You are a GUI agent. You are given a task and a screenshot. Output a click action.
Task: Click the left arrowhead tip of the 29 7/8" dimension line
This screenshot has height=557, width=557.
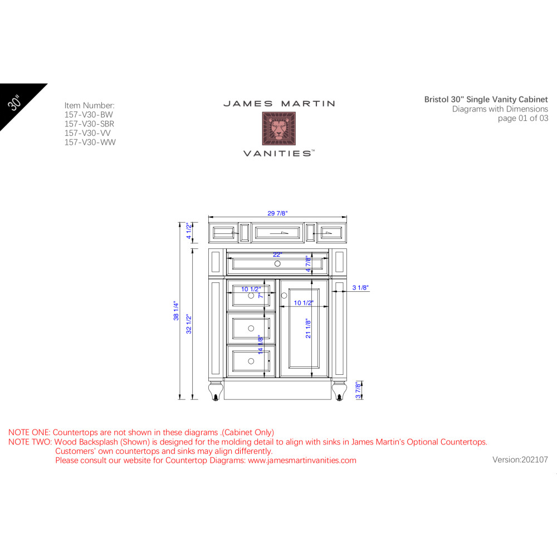[x=208, y=217]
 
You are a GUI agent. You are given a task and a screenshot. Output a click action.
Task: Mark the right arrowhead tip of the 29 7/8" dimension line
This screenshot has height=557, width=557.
[x=346, y=217]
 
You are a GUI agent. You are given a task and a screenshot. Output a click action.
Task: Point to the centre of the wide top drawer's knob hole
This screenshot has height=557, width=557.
[x=277, y=263]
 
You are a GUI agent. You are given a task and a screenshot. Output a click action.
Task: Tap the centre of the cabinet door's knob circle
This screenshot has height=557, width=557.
[x=284, y=295]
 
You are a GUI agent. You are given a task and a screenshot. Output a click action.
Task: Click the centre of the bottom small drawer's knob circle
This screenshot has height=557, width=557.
[x=251, y=361]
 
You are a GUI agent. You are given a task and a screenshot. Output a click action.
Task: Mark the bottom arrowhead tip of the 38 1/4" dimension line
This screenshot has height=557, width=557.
[x=180, y=399]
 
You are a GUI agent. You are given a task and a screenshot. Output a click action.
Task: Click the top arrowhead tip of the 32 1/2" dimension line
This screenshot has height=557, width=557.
[x=193, y=248]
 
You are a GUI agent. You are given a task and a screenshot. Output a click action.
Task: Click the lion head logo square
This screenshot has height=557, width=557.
[x=279, y=129]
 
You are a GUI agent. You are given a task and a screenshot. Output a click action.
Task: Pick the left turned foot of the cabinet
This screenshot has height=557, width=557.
[x=216, y=390]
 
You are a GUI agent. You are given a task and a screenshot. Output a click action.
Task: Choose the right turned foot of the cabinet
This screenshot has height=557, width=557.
[x=339, y=390]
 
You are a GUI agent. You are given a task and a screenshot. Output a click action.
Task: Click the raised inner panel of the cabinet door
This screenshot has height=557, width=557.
[x=304, y=328]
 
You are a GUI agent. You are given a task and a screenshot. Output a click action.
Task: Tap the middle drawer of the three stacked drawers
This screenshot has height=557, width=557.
[x=251, y=328]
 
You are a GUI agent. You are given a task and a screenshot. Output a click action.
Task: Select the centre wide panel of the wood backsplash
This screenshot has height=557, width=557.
[x=277, y=233]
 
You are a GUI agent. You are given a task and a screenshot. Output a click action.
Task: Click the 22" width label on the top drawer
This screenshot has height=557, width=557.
[x=277, y=255]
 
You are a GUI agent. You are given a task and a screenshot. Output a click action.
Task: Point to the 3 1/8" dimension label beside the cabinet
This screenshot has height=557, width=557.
[x=360, y=287]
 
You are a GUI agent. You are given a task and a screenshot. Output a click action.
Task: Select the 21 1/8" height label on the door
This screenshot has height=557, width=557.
[x=308, y=329]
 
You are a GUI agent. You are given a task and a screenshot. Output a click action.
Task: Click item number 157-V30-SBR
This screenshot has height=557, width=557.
[x=89, y=124]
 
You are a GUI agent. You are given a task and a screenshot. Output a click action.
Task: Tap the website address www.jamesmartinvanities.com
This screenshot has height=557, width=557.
[x=302, y=461]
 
